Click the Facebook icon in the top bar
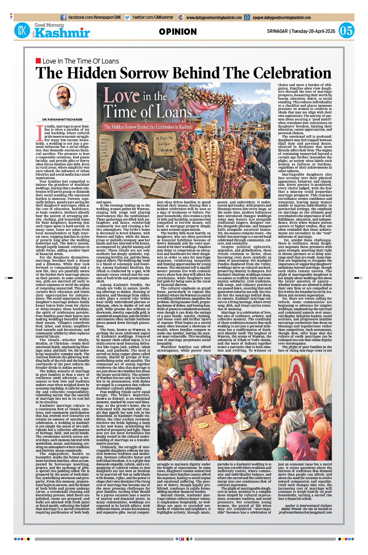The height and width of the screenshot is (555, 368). point(63,18)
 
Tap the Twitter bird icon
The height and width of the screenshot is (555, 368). point(127,18)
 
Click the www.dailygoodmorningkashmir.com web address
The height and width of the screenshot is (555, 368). point(214,18)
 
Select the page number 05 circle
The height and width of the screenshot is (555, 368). point(346,31)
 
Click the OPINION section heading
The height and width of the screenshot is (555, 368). point(178,32)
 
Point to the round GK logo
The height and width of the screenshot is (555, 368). point(22,31)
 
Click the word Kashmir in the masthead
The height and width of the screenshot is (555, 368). point(62,33)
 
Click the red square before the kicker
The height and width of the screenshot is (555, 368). point(38,61)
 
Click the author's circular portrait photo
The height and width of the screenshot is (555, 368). point(63,97)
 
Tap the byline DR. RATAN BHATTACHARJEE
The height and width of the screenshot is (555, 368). point(62,120)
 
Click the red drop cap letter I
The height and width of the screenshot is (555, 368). point(40,133)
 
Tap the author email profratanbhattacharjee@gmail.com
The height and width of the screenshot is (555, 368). point(305,512)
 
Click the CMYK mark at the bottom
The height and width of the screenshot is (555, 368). point(184,539)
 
